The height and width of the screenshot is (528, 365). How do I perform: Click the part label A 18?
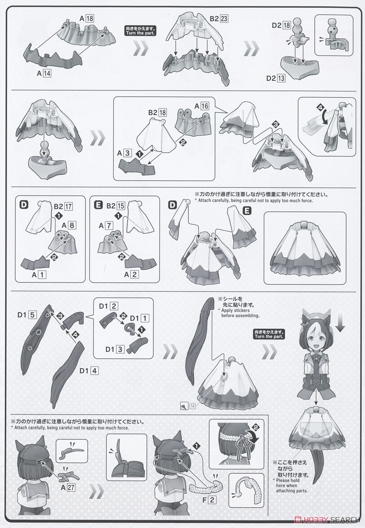87,18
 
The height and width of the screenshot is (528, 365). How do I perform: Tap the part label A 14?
44,73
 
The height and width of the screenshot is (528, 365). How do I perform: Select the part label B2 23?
219,18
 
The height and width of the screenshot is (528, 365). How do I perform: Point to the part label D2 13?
276,78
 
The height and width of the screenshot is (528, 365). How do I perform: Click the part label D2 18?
281,25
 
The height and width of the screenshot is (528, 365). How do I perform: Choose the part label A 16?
202,106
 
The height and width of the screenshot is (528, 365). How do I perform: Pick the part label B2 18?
157,113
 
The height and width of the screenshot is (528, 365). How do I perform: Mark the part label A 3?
124,153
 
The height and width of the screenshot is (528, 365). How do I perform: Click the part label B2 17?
63,206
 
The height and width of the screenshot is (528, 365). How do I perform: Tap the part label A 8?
69,226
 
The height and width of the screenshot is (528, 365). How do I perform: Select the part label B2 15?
116,206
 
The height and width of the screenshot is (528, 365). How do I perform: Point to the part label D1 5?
27,315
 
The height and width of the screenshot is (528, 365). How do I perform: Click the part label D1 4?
88,371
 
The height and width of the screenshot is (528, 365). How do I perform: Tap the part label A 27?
68,487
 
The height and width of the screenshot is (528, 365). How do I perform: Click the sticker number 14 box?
192,406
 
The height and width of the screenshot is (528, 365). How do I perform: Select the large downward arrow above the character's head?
340,326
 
